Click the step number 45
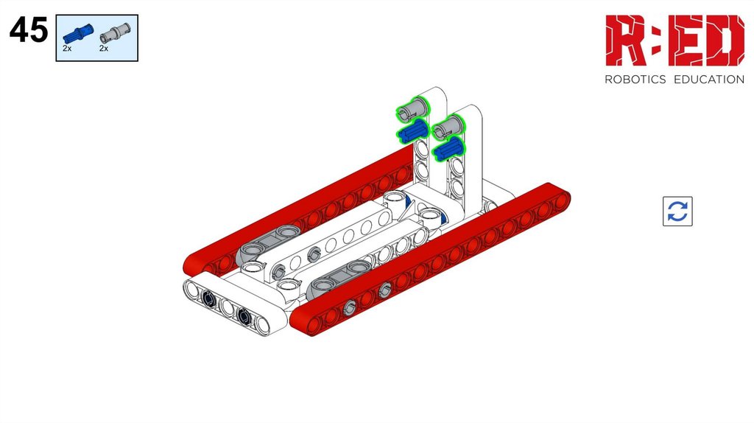[29, 29]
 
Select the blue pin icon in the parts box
[77, 33]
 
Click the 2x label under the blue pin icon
[67, 49]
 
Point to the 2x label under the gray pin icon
[104, 49]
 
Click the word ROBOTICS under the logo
[635, 80]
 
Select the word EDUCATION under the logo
[709, 80]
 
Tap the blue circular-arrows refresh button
[677, 212]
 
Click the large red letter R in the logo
[624, 41]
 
